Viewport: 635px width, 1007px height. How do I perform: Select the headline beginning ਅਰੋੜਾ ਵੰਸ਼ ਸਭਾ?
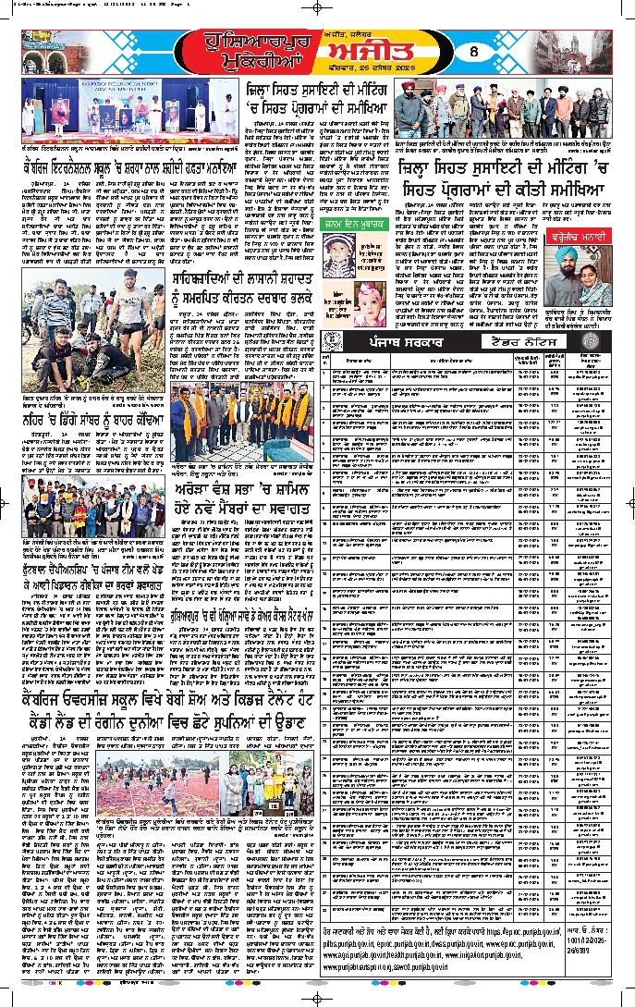click(249, 491)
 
